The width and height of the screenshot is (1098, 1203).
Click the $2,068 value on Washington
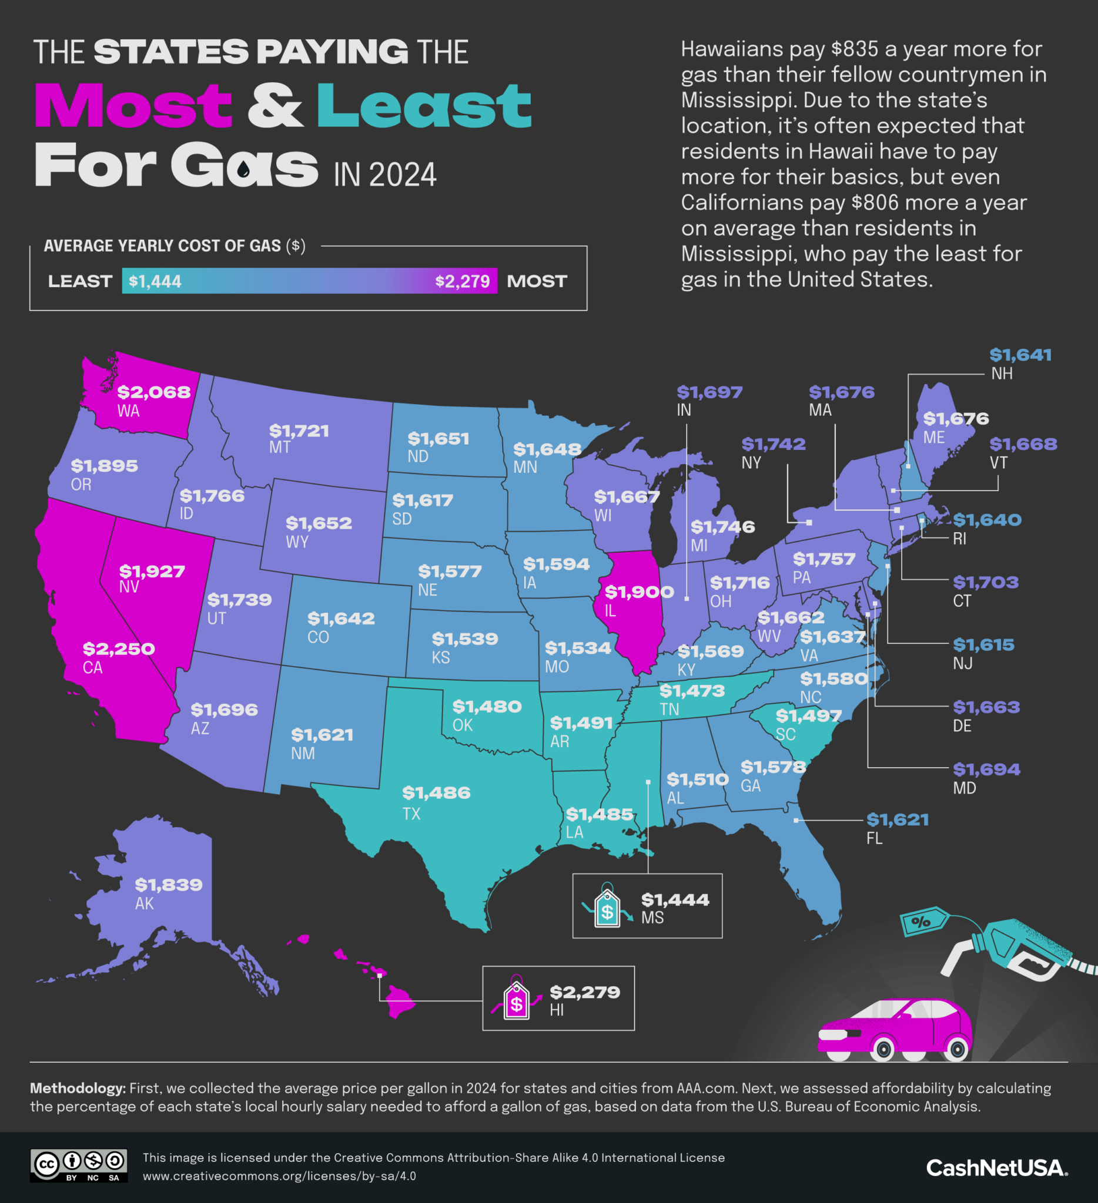tap(154, 392)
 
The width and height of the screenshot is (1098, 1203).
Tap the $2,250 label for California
tap(119, 648)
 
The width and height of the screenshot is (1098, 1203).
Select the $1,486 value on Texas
tap(436, 792)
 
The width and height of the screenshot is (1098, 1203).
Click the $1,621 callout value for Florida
tap(898, 819)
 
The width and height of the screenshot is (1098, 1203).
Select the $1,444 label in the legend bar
tap(155, 281)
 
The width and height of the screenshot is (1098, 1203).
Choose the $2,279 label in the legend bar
tap(462, 281)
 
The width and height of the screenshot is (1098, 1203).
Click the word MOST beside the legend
tap(537, 281)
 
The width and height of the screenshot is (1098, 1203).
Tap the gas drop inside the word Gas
tap(243, 171)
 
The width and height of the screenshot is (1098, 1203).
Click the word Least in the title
tap(423, 106)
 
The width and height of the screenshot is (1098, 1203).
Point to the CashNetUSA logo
tap(996, 1168)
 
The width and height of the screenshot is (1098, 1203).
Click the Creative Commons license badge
tap(79, 1165)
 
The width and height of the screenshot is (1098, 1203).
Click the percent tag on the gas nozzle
tap(922, 922)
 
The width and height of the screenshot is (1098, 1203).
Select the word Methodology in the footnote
tap(78, 1088)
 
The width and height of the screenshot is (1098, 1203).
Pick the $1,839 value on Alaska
tap(168, 885)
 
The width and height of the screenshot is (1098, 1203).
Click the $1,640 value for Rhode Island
tap(987, 520)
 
